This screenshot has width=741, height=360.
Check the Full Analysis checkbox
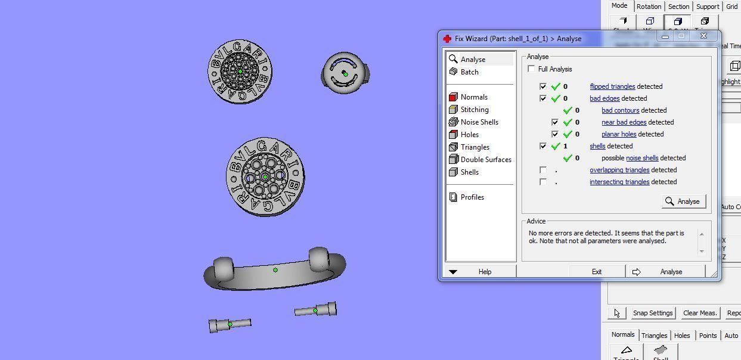tap(531, 69)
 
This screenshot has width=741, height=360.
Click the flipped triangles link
tap(612, 86)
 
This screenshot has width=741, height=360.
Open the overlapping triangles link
tap(619, 170)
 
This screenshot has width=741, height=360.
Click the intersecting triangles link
tap(619, 182)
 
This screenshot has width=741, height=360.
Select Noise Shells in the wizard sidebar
tap(479, 122)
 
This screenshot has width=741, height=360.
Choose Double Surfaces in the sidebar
tap(485, 160)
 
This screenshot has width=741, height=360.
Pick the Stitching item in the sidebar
tap(474, 110)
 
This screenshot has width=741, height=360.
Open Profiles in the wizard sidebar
tap(472, 197)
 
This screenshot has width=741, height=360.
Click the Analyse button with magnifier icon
tap(684, 201)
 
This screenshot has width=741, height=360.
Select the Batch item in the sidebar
tap(469, 72)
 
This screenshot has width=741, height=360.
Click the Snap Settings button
tap(652, 313)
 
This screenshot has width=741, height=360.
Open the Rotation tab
tap(648, 7)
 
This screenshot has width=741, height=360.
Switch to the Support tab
tap(707, 7)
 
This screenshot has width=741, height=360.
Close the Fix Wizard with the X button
tap(703, 36)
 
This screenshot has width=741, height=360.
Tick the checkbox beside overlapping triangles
tap(543, 170)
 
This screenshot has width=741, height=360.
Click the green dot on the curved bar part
tap(275, 270)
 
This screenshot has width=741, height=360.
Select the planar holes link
tap(618, 134)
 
